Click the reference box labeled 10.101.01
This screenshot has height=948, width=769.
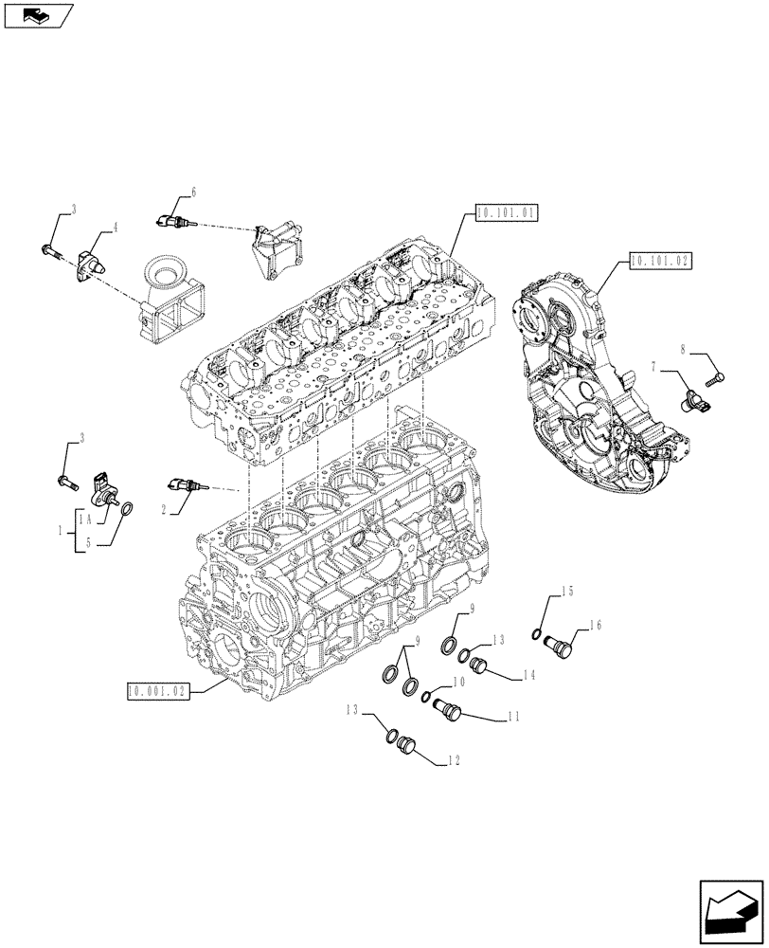[507, 213]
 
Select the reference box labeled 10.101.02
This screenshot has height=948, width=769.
[658, 261]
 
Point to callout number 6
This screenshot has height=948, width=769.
[193, 192]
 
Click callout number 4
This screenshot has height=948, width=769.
[115, 228]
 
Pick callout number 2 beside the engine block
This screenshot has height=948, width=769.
[165, 509]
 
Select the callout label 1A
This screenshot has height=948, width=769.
[85, 520]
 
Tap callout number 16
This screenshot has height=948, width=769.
[595, 626]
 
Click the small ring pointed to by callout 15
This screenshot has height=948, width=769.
[538, 634]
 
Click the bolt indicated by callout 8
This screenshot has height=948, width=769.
[716, 378]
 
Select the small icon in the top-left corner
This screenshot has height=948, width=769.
[38, 14]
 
